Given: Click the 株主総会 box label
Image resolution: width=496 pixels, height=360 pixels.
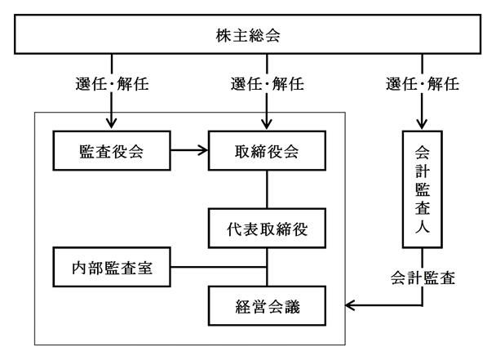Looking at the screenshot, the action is click(248, 35).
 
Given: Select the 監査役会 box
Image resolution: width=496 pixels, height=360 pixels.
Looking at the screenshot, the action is click(112, 151).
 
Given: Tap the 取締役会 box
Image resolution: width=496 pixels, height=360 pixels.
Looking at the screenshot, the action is click(267, 151).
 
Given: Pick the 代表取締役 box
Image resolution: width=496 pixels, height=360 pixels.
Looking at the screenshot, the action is click(267, 229).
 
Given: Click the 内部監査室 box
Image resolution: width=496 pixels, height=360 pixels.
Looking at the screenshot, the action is click(112, 267).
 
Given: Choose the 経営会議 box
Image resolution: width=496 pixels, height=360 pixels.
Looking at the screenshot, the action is click(267, 306).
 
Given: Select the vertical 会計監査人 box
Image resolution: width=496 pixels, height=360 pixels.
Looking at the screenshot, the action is click(423, 189).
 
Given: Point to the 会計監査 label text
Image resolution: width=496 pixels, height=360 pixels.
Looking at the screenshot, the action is click(423, 278).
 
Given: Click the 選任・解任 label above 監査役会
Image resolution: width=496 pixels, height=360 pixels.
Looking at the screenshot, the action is click(112, 84).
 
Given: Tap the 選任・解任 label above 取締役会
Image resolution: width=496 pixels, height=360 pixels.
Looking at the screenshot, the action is click(267, 84).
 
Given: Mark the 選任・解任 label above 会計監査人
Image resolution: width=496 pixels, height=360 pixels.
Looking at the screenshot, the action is click(423, 84).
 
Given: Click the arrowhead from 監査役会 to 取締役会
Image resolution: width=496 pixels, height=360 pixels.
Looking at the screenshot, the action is click(203, 150).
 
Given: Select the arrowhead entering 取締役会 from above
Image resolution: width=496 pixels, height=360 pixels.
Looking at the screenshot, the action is click(267, 124).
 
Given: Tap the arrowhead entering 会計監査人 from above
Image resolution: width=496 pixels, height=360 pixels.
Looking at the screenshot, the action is click(422, 124).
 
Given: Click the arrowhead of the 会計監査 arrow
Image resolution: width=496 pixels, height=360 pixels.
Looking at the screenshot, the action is click(350, 305).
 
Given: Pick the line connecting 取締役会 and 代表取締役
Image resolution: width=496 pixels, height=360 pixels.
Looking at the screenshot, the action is click(267, 189).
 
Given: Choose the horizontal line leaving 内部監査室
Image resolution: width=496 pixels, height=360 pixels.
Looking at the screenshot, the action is click(219, 267).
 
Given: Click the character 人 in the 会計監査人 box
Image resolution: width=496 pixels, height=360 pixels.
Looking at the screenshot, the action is click(423, 227).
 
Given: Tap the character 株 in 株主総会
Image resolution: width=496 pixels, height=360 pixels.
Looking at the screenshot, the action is click(224, 35).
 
